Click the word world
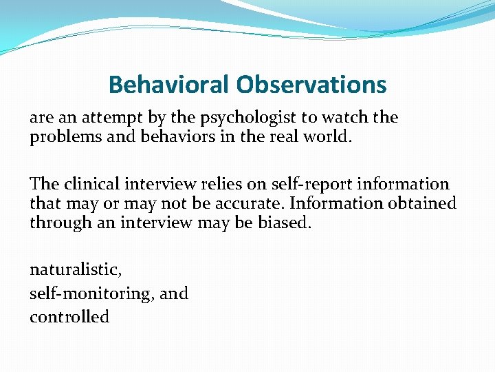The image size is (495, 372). pyautogui.click(x=327, y=136)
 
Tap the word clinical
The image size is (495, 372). pyautogui.click(x=94, y=185)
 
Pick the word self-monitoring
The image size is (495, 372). pyautogui.click(x=92, y=293)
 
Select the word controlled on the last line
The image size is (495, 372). pyautogui.click(x=69, y=317)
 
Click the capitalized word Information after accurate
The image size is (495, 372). pyautogui.click(x=324, y=203)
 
